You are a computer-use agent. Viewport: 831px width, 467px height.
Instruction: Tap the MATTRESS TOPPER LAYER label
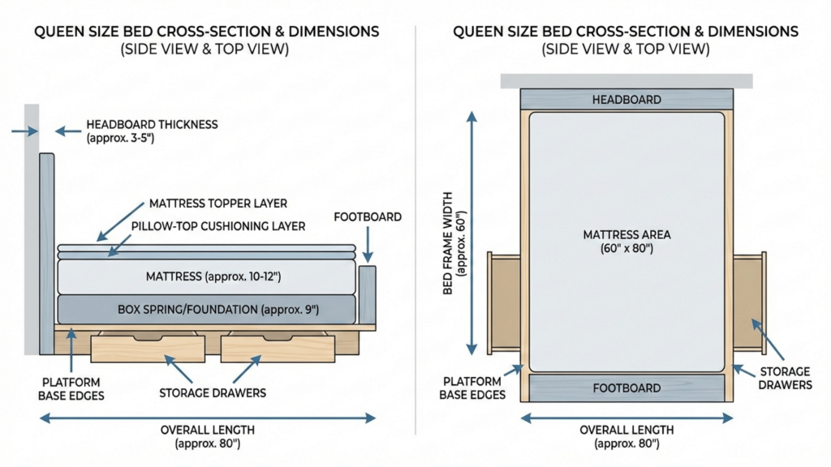pos(217,203)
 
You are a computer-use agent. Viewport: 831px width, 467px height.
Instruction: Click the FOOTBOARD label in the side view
pos(368,217)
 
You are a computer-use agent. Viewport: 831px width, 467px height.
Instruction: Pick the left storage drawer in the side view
pos(147,348)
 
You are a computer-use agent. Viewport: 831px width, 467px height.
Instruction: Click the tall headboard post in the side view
pos(46,251)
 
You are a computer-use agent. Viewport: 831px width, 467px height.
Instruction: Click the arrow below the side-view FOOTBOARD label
pos(368,242)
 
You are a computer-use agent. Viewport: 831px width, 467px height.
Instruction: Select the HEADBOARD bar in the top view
pos(626,100)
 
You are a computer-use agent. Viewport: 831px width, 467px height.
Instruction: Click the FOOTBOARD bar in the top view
pos(626,388)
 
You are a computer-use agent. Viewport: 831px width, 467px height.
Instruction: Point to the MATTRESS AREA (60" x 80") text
pos(626,242)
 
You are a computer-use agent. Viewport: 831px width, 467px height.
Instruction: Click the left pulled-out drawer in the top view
pos(504,301)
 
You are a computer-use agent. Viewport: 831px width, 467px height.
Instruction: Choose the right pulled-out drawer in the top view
pos(748,301)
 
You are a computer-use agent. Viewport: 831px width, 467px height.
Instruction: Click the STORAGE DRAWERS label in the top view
pos(784,379)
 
